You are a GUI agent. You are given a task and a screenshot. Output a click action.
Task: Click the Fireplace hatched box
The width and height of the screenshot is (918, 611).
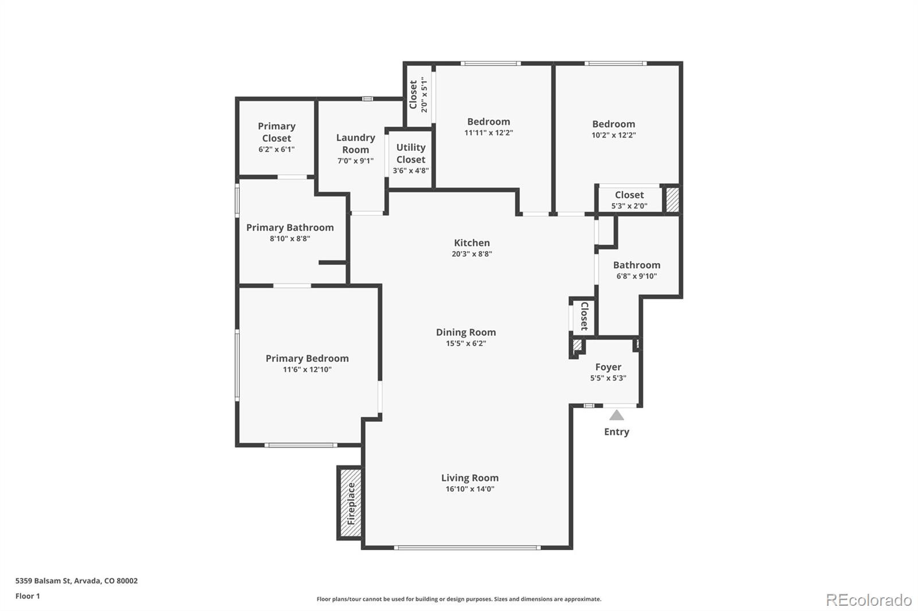coord(350,503)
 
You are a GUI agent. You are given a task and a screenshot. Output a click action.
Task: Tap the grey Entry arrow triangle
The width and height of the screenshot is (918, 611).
coord(616,415)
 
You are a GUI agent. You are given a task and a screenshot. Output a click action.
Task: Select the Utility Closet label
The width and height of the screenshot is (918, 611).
coord(411,154)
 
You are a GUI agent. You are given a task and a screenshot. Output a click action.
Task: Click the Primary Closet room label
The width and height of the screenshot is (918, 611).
coord(277,132)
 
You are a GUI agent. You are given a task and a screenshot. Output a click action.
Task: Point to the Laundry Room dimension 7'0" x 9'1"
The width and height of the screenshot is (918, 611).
coord(355,161)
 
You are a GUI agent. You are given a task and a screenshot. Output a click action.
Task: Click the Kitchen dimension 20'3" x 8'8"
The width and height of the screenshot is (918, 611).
coord(472,254)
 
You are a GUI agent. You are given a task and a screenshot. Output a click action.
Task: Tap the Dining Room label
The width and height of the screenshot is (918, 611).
coord(466,332)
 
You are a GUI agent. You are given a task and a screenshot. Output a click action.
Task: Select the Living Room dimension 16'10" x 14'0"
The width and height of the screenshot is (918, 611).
coord(470,489)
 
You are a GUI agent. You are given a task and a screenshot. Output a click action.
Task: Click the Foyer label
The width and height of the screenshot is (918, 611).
coord(608,367)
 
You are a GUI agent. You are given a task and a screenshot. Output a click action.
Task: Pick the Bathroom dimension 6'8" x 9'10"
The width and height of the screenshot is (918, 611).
coord(636,276)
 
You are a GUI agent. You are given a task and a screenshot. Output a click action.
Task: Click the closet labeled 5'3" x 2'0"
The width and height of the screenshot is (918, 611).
coord(629,200)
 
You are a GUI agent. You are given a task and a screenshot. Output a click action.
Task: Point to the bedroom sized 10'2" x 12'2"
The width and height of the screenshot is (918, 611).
coord(613,129)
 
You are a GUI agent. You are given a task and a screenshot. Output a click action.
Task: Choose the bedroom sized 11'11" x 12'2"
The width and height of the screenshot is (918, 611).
coord(488,127)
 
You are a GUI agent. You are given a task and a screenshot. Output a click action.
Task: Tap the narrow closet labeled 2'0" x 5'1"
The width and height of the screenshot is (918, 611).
coord(418,95)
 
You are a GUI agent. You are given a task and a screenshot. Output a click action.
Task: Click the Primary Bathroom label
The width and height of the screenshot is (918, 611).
coord(290,228)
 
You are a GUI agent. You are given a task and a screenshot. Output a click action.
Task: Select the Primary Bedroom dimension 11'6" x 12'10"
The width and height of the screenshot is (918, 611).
coord(307,370)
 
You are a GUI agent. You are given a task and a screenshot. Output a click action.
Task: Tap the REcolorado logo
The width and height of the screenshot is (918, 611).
coord(868,600)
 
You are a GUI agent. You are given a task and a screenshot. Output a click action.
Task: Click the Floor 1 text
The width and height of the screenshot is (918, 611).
coord(28,596)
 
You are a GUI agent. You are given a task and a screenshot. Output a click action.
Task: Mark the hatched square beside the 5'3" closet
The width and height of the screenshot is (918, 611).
coord(671,200)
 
